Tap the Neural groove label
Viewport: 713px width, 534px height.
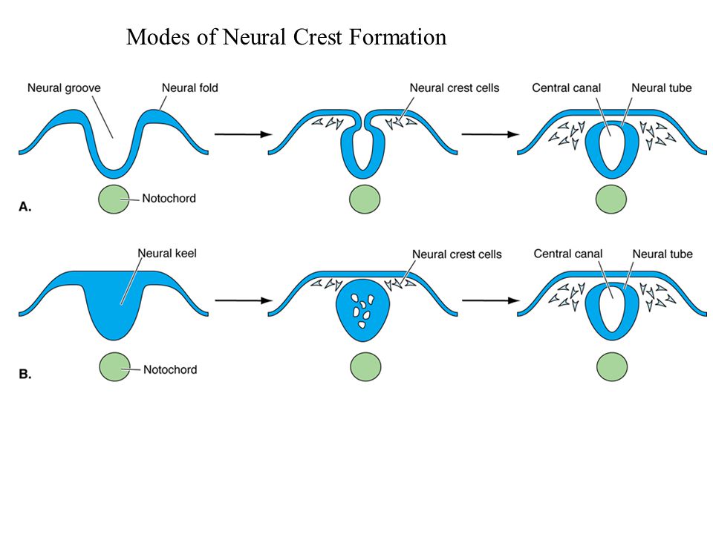[64, 88]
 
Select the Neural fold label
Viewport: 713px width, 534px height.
[190, 88]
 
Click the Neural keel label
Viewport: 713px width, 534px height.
[167, 254]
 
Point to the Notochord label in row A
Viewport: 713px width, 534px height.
[169, 199]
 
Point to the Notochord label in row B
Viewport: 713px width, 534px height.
[170, 369]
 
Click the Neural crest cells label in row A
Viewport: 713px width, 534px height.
[455, 88]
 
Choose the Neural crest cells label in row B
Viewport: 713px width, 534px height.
[457, 254]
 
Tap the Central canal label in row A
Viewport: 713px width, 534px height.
[567, 88]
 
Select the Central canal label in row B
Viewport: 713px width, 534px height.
[568, 254]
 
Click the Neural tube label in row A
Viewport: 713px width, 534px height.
[662, 88]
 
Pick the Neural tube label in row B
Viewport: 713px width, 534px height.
[662, 254]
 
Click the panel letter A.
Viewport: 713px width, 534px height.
[25, 207]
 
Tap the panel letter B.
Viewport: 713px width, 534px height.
[25, 374]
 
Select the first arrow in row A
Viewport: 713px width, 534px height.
[244, 134]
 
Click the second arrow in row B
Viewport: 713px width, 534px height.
[491, 300]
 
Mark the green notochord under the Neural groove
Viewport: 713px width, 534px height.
[114, 200]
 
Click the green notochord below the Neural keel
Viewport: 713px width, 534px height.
[114, 367]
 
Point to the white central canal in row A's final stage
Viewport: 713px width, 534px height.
[612, 148]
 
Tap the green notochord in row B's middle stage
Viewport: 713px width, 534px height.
[365, 367]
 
